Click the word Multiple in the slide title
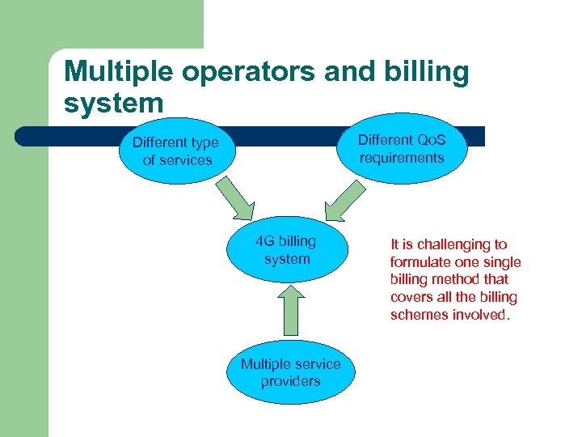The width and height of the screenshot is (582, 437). pyautogui.click(x=120, y=72)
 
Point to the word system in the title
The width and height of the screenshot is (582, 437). pyautogui.click(x=114, y=103)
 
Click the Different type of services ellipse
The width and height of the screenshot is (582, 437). pyautogui.click(x=176, y=151)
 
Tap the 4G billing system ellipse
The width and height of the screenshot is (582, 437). pyautogui.click(x=286, y=250)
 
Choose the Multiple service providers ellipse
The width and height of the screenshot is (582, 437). pyautogui.click(x=290, y=373)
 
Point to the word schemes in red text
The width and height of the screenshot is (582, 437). pyautogui.click(x=420, y=315)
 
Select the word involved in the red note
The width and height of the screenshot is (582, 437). pyautogui.click(x=481, y=315)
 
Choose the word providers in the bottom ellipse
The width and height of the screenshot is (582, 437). pyautogui.click(x=290, y=381)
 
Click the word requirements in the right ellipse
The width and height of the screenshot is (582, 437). pyautogui.click(x=402, y=157)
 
